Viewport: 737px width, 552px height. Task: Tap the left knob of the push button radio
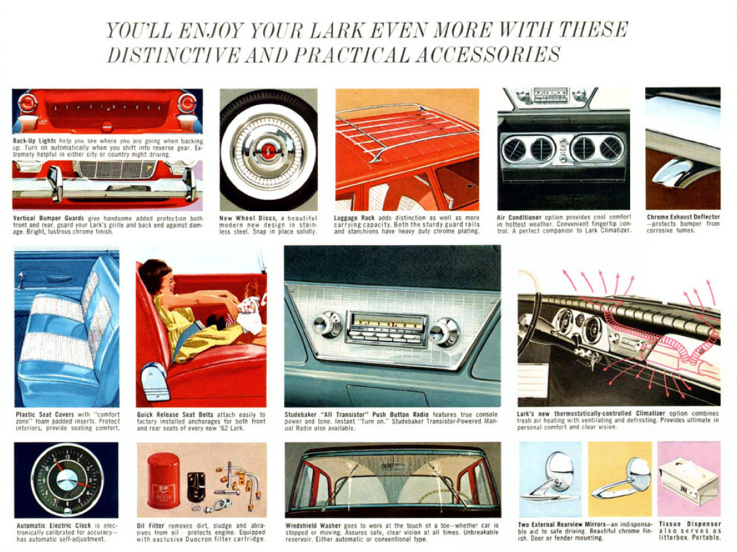pos(327,324)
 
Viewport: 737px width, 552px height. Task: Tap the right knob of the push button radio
pos(444,332)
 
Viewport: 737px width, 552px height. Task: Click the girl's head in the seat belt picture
pos(155,278)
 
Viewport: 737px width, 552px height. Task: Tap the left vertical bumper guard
pos(54,183)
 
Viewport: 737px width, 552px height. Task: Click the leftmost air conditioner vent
pos(514,149)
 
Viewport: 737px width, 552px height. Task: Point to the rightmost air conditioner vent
pos(610,148)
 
